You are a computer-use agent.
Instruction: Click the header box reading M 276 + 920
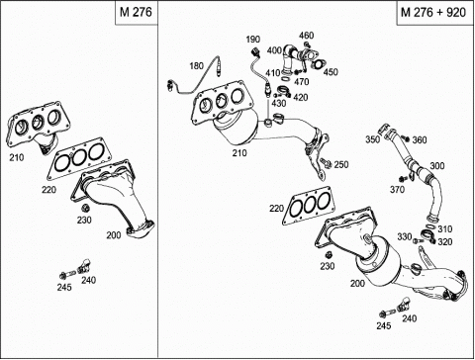(434, 13)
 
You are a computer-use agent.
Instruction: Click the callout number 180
(196, 66)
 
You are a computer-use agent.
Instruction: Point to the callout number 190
(253, 40)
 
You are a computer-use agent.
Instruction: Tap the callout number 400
(274, 50)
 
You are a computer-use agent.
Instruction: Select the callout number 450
(331, 72)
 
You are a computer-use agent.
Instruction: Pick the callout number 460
(307, 36)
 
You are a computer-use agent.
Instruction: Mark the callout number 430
(279, 103)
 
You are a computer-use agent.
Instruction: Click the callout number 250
(341, 164)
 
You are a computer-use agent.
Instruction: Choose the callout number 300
(437, 165)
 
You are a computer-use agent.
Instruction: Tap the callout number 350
(372, 139)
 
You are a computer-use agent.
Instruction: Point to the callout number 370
(397, 190)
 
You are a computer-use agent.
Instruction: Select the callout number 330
(405, 236)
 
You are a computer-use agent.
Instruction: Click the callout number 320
(445, 242)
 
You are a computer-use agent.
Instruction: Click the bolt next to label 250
(326, 162)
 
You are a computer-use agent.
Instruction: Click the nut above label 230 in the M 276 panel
(85, 209)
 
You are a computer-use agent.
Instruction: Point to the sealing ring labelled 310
(429, 226)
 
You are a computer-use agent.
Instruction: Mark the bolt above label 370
(402, 179)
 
